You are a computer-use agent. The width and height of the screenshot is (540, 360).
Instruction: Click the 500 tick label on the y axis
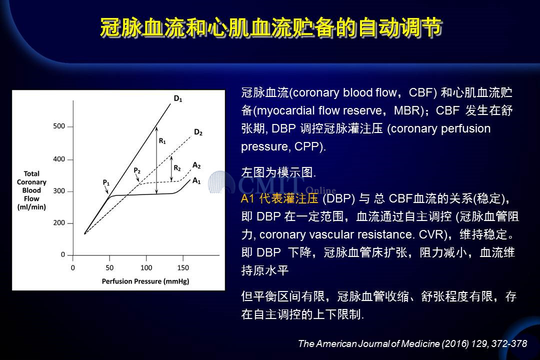[59, 126]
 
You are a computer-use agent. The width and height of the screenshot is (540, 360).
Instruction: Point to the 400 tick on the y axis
[70, 159]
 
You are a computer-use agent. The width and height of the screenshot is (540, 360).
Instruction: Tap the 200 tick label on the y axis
[59, 223]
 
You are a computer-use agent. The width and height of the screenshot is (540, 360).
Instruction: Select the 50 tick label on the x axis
[109, 267]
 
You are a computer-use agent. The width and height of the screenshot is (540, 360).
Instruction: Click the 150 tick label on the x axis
[183, 267]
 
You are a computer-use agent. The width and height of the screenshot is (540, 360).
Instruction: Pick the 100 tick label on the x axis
[146, 267]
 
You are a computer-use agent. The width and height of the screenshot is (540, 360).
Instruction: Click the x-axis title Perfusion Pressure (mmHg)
[145, 281]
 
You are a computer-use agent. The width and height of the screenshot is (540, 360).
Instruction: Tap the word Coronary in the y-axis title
[31, 182]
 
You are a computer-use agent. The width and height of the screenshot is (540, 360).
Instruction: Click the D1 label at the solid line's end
[177, 99]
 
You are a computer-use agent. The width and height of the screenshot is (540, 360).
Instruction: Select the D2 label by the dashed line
[198, 132]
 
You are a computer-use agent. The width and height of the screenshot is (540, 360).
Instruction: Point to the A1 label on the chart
[196, 180]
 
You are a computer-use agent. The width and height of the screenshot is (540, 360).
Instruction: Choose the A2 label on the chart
[196, 165]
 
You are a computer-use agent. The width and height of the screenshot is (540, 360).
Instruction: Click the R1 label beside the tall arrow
[162, 141]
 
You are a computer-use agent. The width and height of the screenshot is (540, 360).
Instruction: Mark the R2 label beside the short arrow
[177, 168]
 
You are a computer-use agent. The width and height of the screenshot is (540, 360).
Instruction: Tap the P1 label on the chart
[106, 182]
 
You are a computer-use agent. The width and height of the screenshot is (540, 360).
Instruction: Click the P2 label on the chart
[136, 170]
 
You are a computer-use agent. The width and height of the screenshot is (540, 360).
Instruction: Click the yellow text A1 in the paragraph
[247, 199]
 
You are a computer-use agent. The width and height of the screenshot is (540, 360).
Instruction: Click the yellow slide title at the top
[271, 27]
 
